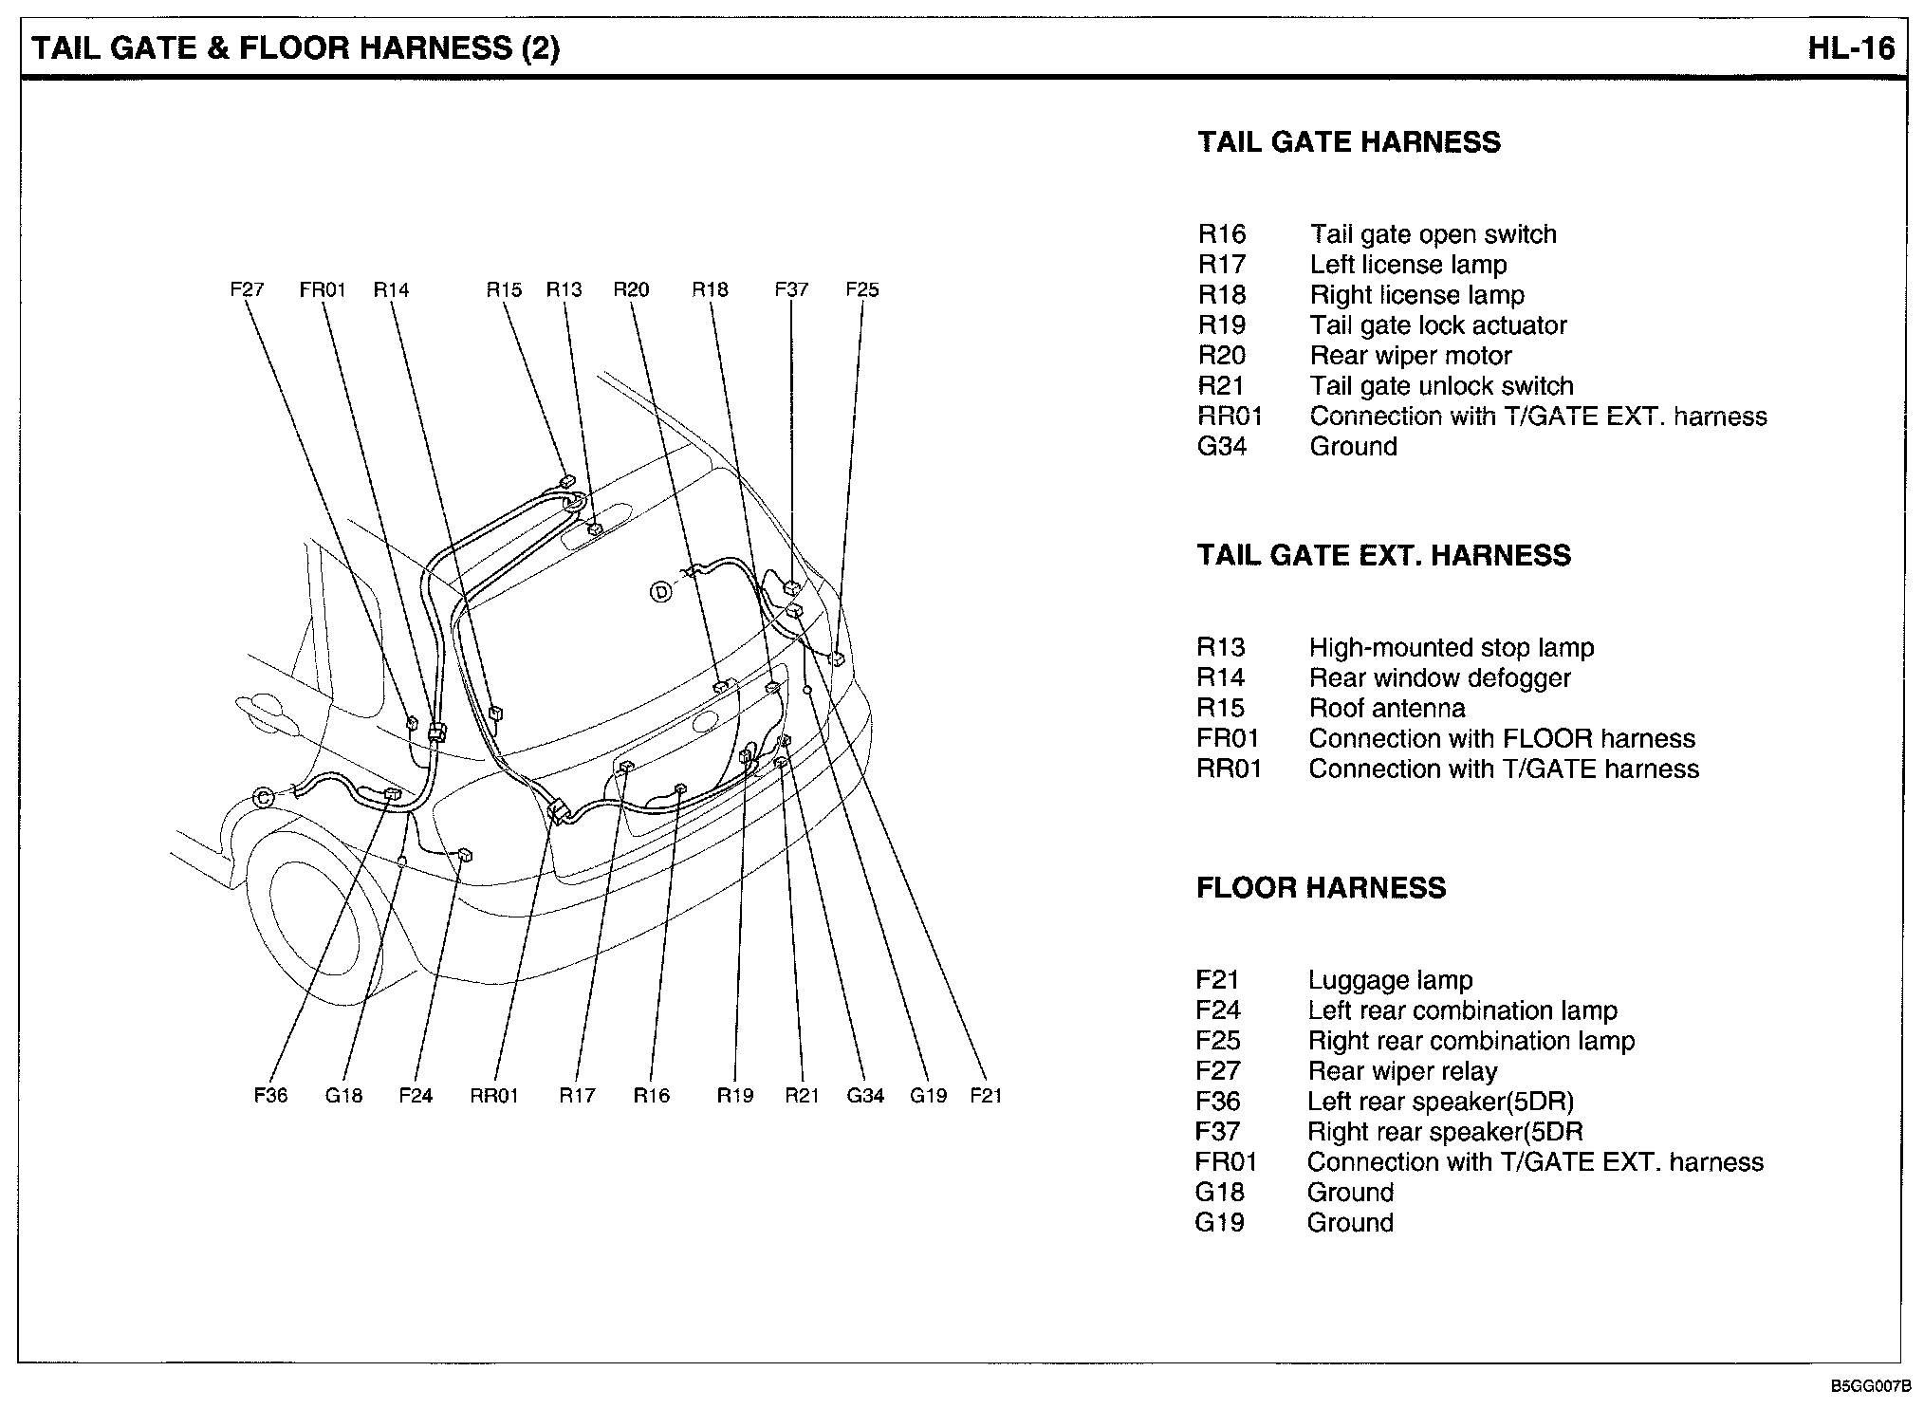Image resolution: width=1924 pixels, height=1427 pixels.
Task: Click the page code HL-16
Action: (1850, 48)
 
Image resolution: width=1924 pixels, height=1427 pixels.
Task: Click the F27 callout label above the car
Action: (247, 289)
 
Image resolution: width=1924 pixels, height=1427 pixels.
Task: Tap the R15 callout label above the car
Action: (504, 289)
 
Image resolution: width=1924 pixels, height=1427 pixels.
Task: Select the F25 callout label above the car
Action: (861, 289)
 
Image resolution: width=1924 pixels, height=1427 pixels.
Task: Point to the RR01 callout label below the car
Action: (494, 1096)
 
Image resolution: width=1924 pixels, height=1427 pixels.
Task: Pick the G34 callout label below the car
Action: (864, 1096)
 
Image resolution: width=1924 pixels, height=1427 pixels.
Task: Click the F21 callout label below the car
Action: (986, 1096)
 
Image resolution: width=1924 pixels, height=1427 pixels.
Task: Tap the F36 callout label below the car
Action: (270, 1096)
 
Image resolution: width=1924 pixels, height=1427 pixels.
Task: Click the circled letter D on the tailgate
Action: (660, 593)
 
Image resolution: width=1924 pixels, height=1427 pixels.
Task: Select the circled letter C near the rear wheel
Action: (264, 797)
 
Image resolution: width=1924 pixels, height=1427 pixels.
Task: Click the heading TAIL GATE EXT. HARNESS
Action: (1383, 555)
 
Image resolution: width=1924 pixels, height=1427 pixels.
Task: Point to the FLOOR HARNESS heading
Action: (1321, 888)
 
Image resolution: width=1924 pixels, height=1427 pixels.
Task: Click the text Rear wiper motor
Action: (1411, 356)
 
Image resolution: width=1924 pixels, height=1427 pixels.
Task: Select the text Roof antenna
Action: (1386, 708)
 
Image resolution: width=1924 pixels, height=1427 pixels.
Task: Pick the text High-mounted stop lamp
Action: (1451, 647)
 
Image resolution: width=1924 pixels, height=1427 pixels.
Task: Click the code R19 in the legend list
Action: (1221, 325)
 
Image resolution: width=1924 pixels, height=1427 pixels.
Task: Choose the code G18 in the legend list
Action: (1219, 1193)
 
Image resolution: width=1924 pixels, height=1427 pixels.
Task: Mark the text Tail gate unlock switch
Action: (1441, 386)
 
